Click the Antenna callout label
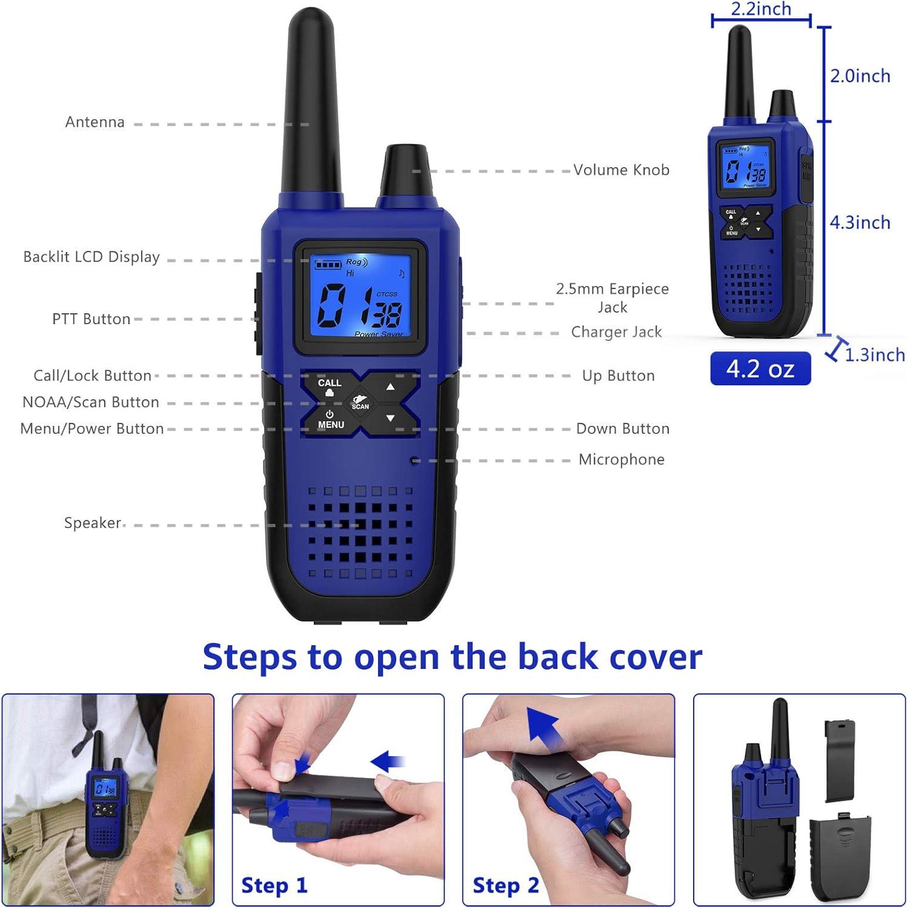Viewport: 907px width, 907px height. point(95,122)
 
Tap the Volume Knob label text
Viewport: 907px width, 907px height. point(621,170)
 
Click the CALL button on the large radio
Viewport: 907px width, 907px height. point(329,387)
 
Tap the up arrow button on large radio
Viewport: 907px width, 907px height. point(391,387)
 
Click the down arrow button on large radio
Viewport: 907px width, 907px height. point(391,418)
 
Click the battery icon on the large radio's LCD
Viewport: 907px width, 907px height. point(327,265)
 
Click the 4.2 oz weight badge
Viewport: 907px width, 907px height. point(760,368)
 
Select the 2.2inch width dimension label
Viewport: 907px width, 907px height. point(760,9)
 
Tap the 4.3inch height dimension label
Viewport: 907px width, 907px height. point(860,223)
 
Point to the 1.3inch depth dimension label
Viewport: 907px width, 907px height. point(874,355)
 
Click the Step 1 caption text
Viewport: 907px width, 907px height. point(274,885)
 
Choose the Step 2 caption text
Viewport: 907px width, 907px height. point(505,885)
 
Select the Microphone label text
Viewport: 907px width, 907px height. point(621,460)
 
